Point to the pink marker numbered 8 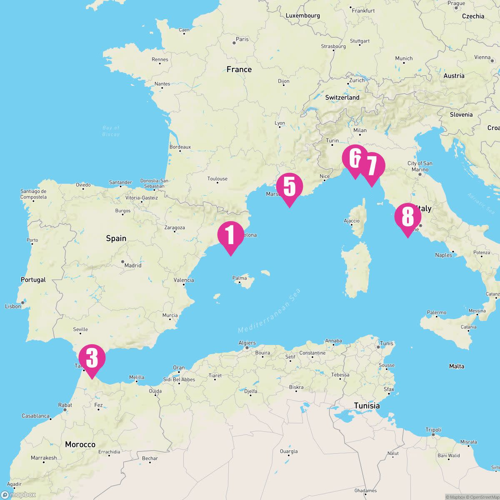[x=407, y=217]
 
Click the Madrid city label [x=133, y=265]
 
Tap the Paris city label [x=242, y=39]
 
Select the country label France [x=239, y=69]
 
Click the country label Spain [x=116, y=238]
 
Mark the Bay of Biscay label [x=111, y=131]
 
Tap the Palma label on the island [x=240, y=278]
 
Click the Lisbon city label [x=13, y=306]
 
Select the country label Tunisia [x=367, y=405]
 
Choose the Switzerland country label [x=342, y=97]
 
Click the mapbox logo [x=18, y=495]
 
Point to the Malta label [x=456, y=366]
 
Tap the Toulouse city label [x=217, y=179]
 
